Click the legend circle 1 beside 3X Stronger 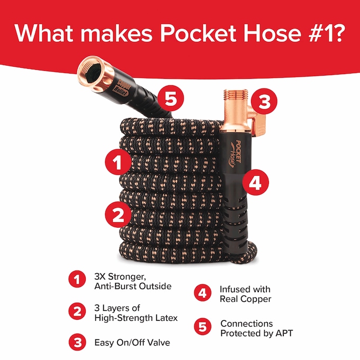77,281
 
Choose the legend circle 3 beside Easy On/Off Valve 77,342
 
